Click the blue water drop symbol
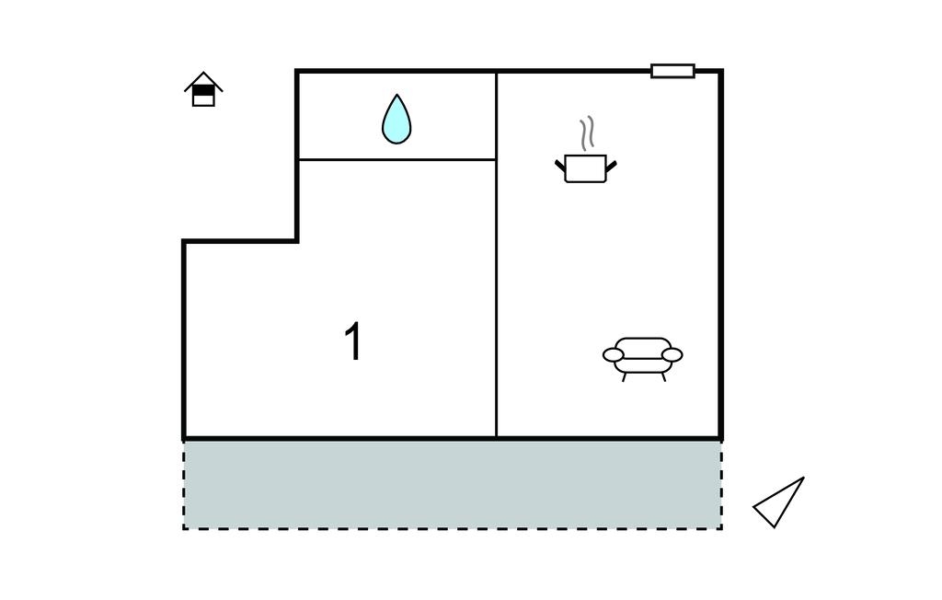[396, 121]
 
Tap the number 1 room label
[353, 340]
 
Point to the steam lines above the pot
[587, 133]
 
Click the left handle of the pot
[560, 165]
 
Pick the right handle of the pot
[612, 165]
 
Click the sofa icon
[643, 359]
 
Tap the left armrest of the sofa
[614, 354]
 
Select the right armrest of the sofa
[672, 354]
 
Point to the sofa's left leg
[625, 377]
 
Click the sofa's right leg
[662, 377]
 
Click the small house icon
[203, 89]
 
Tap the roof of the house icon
[203, 81]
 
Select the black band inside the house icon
[203, 90]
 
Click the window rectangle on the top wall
[672, 71]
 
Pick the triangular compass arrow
[779, 502]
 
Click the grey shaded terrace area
[453, 485]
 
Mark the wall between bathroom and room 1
[397, 159]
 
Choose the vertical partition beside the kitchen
[496, 255]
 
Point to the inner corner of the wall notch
[297, 241]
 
